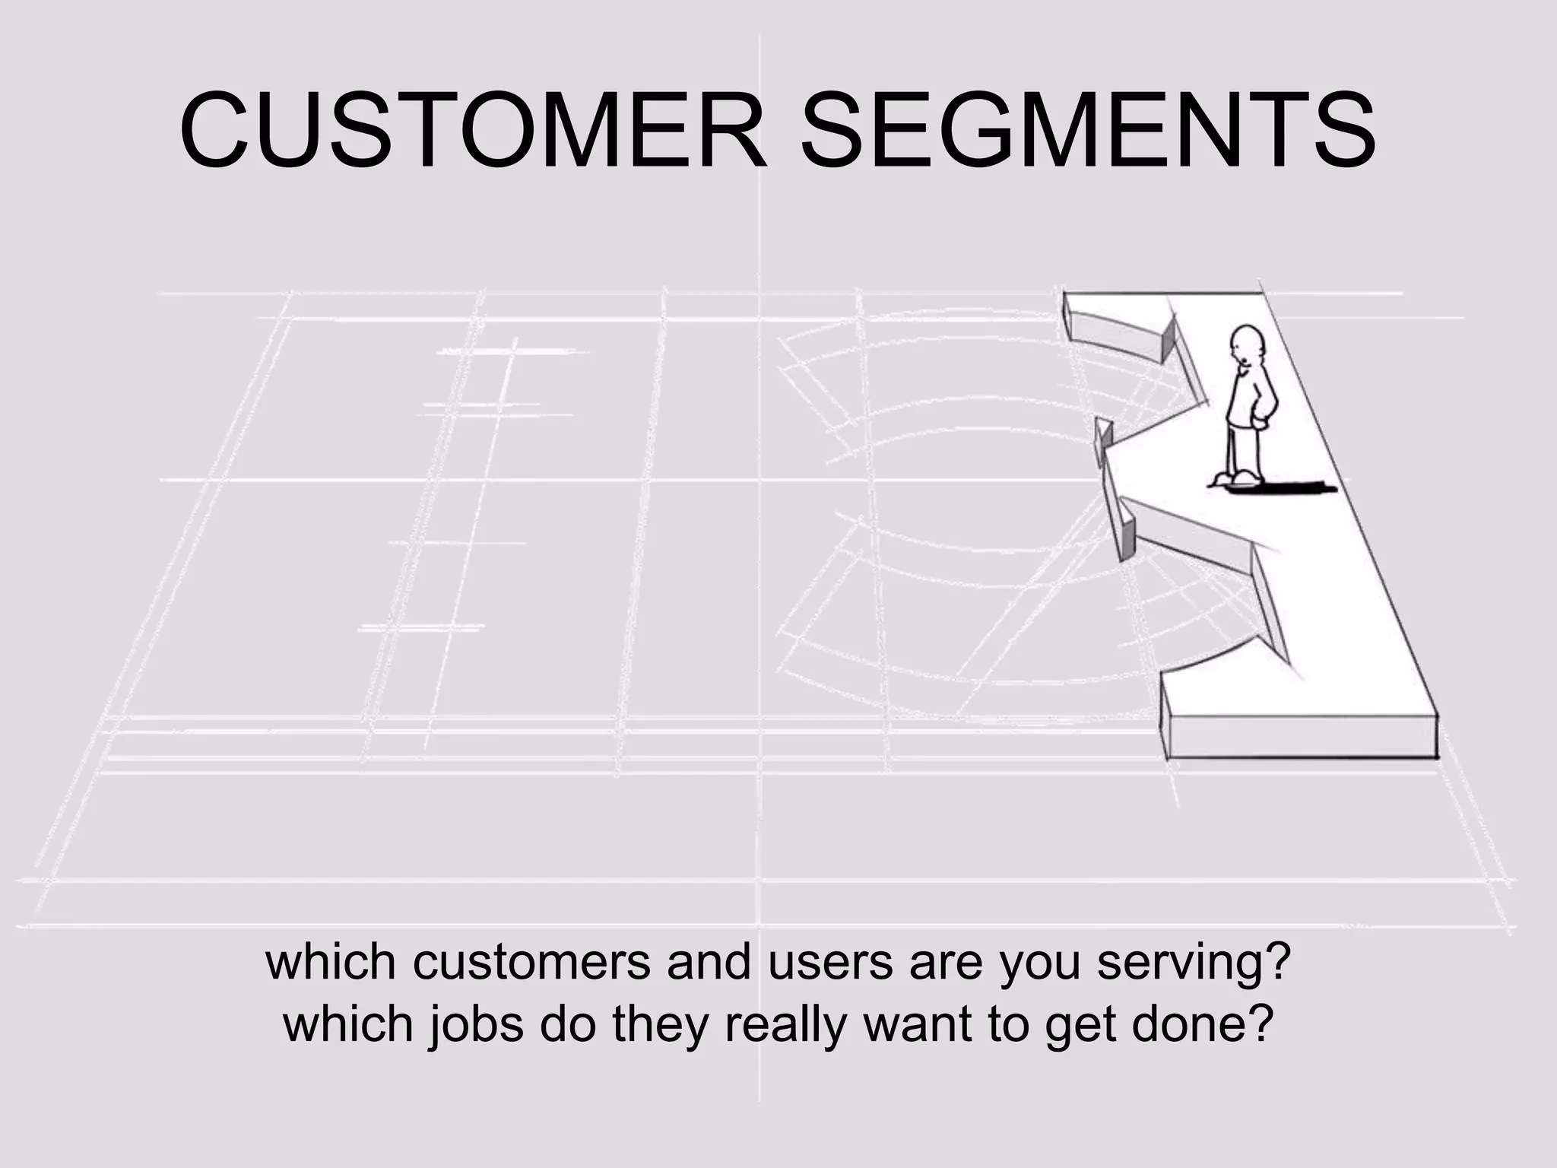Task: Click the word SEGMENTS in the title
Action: pos(1087,131)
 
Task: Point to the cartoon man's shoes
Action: pos(1236,478)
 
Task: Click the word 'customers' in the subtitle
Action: pos(532,963)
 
